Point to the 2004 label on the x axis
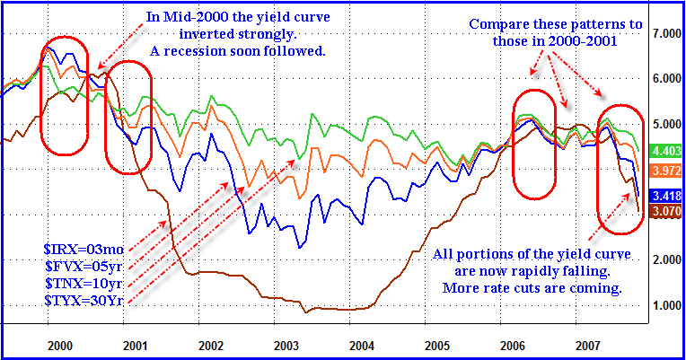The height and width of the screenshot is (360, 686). (361, 344)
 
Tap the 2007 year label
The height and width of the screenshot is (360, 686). (586, 344)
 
